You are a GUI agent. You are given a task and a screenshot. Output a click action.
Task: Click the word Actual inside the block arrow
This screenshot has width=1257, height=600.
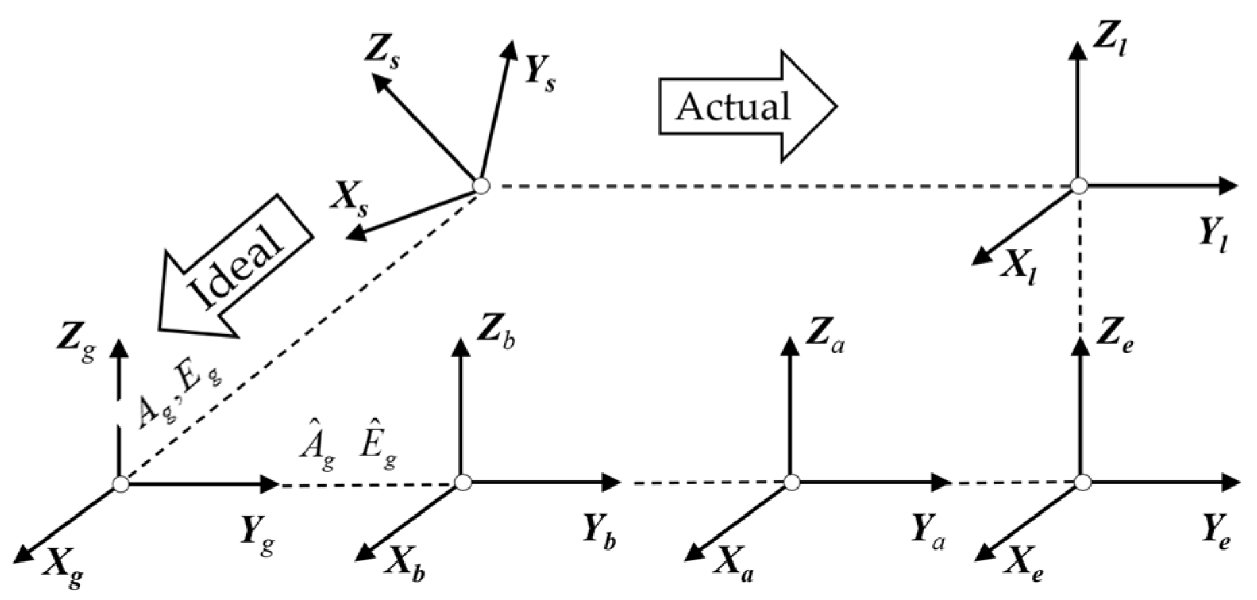pos(733,107)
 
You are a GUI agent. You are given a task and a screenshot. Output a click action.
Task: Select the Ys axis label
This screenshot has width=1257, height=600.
pos(540,75)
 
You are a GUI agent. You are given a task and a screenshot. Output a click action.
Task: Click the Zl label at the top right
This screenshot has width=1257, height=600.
pos(1108,43)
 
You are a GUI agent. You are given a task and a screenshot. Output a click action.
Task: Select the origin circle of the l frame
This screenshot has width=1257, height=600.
pos(1079,185)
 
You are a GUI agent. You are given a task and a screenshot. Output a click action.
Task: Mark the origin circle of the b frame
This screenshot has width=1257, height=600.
pos(462,482)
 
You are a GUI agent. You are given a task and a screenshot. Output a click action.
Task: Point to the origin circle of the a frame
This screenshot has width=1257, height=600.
pos(792,482)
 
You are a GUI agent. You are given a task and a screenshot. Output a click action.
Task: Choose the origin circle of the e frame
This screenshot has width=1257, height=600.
pos(1081,482)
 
